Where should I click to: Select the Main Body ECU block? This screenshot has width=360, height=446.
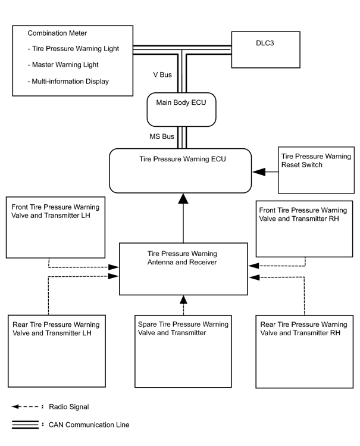181,110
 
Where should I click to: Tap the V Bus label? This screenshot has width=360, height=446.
162,75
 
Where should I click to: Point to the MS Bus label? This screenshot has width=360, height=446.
162,136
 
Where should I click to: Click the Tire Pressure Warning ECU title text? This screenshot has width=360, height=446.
183,159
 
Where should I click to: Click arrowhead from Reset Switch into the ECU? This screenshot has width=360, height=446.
259,172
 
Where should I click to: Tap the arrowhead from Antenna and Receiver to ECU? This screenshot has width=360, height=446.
183,198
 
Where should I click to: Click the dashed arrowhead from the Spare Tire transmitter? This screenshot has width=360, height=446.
183,300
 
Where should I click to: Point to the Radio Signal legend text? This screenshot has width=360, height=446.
69,407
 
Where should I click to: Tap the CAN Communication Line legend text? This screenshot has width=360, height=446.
89,425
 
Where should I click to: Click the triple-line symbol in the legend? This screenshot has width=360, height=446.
25,425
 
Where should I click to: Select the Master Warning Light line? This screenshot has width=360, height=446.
63,65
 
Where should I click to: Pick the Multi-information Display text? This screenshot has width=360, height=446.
68,82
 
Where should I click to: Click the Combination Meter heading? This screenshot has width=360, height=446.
57,33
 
